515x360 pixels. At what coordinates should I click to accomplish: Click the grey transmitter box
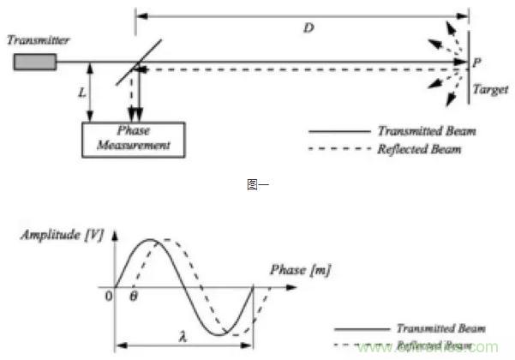34,62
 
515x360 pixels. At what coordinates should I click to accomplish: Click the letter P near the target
477,63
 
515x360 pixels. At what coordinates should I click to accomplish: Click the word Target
487,87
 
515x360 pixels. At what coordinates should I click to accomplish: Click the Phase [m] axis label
299,269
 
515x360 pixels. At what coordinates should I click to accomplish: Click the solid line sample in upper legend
338,132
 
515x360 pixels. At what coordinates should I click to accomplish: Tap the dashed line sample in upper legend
338,149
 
